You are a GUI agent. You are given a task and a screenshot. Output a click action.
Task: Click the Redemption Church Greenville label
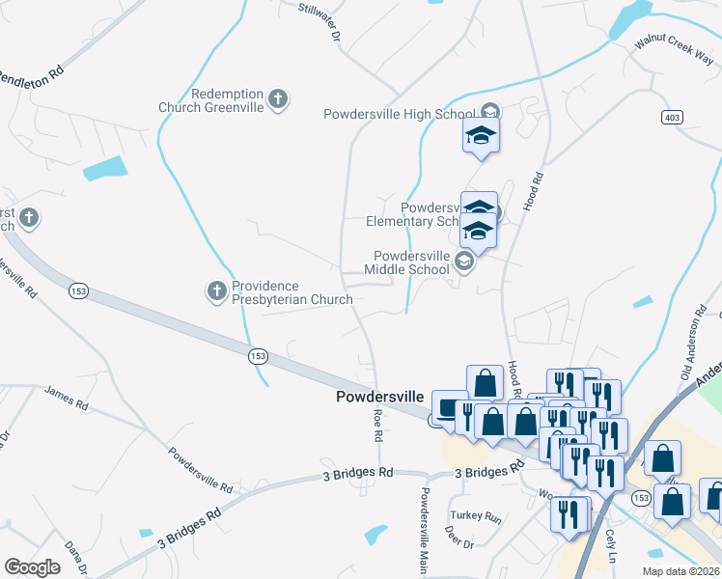211,100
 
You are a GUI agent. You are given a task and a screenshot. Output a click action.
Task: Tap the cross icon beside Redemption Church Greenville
278,98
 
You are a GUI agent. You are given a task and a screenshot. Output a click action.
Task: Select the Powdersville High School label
399,114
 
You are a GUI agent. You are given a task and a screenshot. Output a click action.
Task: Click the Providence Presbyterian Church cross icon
216,289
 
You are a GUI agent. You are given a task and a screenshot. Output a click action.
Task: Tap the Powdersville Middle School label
411,262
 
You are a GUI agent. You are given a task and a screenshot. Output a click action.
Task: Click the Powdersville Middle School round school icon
464,262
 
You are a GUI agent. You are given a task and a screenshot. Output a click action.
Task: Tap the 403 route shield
673,117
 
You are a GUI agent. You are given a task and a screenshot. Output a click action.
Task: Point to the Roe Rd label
378,425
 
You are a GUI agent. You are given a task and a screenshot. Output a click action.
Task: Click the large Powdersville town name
379,397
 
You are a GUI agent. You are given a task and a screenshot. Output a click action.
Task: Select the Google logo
32,567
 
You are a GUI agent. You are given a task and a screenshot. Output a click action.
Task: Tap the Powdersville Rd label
201,470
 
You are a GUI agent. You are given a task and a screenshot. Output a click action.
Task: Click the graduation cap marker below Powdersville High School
481,136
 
